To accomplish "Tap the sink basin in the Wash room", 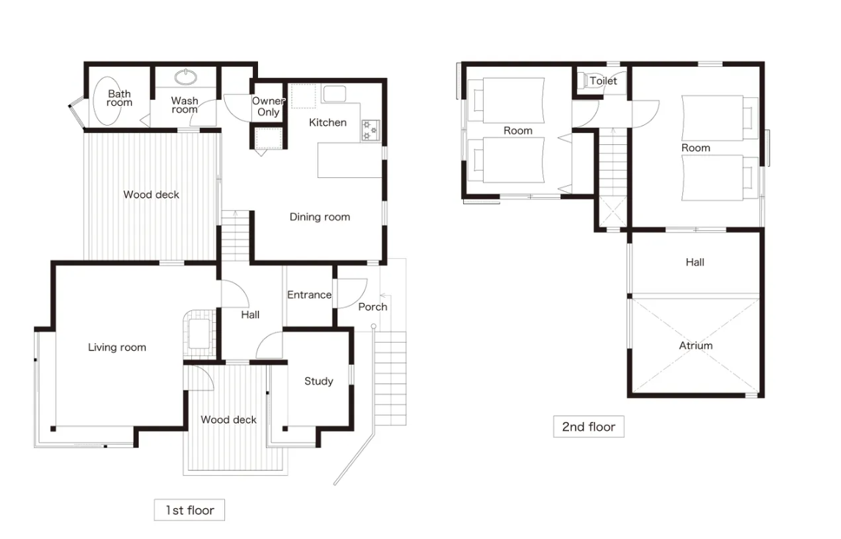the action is (185, 76).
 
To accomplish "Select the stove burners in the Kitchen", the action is (370, 130).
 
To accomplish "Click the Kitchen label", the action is (328, 122).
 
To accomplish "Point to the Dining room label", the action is (320, 217).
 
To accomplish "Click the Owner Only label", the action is (268, 106).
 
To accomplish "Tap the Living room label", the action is (117, 347).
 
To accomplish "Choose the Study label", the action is (318, 381).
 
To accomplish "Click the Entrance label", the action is (309, 294).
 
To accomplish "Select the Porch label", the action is (372, 307).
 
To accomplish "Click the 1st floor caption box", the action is (190, 510).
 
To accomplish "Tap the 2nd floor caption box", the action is (588, 426).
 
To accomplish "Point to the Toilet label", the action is (603, 80).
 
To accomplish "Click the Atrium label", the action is (695, 346).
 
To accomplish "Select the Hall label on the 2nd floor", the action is (695, 262).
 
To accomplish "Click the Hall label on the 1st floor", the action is (250, 314).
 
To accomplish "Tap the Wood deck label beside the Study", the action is (229, 419).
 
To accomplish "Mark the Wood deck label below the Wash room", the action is (151, 194).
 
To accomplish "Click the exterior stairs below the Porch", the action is (390, 379).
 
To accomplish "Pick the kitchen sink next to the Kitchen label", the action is (334, 94).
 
